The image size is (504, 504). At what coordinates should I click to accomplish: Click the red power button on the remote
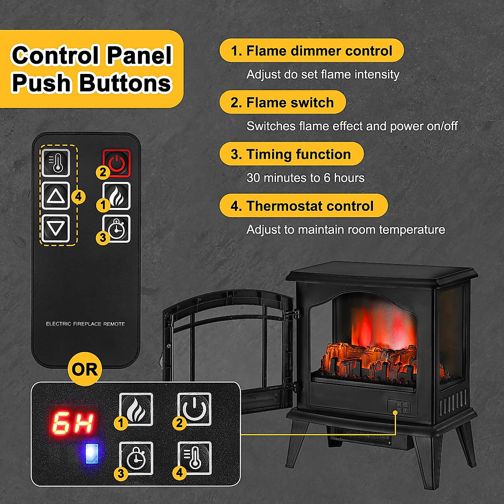coord(117,163)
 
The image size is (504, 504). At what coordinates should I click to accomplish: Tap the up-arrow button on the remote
coord(55,196)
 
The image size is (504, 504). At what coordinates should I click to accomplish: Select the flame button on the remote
coord(117,196)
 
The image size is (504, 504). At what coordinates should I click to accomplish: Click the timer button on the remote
coord(117,228)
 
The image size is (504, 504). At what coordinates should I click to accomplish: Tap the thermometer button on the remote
coord(55,163)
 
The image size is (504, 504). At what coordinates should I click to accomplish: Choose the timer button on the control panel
coord(136,457)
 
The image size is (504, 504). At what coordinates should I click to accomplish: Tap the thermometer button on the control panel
coord(194,457)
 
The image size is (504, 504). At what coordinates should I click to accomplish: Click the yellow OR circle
coord(85,369)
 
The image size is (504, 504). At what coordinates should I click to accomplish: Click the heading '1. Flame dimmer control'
coord(311,51)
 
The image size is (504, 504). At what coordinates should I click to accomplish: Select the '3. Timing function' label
coord(291,154)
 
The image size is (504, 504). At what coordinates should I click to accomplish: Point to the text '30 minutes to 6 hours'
coord(305,178)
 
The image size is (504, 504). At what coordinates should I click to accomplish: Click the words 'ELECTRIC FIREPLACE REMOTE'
coord(85,324)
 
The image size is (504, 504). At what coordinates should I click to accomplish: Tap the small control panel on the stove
coord(399,407)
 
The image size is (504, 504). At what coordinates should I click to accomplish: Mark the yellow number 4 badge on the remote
coord(79,197)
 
